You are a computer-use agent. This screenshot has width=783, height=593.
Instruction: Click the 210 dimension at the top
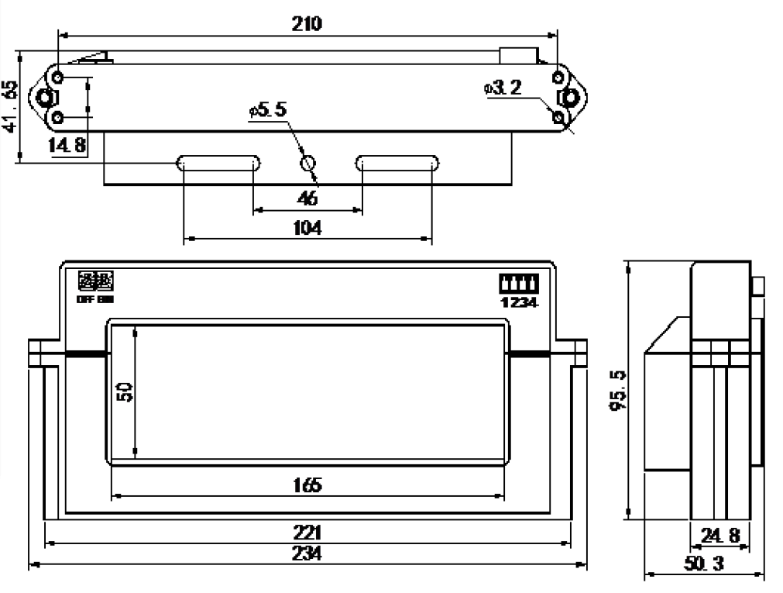[307, 23]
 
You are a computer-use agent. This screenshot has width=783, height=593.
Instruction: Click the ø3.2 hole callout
[503, 88]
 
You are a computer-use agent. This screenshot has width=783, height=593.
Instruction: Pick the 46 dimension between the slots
[307, 198]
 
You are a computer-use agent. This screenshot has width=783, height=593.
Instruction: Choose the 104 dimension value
[307, 229]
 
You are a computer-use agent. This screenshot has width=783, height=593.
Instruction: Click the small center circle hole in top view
[308, 164]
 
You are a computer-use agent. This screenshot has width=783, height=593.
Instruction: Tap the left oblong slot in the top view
[219, 163]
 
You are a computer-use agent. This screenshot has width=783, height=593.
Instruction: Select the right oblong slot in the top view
[397, 163]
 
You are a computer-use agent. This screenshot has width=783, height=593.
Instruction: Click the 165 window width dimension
[307, 485]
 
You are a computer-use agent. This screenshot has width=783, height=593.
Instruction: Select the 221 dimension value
[307, 534]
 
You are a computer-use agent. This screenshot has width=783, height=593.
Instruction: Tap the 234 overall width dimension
[307, 554]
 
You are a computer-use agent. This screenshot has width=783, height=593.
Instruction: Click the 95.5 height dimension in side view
[618, 391]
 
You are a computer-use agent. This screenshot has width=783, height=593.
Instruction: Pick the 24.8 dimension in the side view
[719, 535]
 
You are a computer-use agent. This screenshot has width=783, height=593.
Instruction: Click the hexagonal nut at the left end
[46, 98]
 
